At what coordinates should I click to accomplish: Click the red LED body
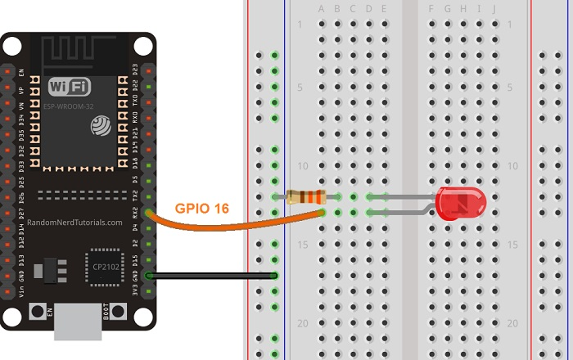tap(461, 203)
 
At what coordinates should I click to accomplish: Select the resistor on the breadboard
tap(307, 196)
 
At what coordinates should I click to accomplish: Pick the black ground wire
tap(213, 276)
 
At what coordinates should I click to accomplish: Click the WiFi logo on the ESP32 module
tap(70, 87)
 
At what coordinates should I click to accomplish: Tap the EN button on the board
tap(37, 312)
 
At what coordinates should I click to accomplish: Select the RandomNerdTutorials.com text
tap(74, 222)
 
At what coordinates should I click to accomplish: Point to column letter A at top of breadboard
tap(322, 9)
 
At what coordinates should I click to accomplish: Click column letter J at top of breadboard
tap(494, 9)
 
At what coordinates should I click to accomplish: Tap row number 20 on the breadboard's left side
tap(302, 323)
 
